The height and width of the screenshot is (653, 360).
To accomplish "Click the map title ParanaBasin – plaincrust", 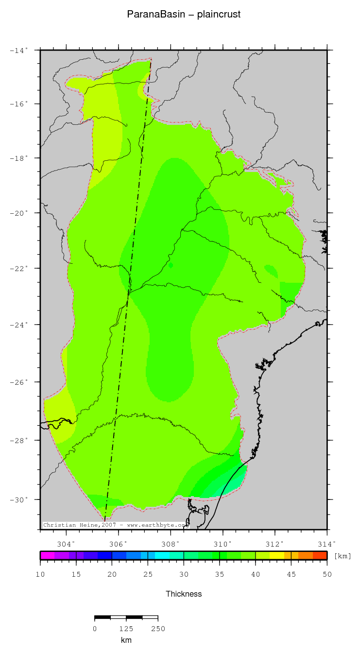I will pyautogui.click(x=184, y=15).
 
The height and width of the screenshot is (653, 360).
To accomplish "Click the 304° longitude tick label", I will pyautogui.click(x=67, y=544).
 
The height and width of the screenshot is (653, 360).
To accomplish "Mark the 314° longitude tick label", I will pyautogui.click(x=327, y=544).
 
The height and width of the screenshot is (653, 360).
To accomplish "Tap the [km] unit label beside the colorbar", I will pyautogui.click(x=343, y=556).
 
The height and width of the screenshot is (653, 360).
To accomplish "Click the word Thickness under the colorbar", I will pyautogui.click(x=184, y=594).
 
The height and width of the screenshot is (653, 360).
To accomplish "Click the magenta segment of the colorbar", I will pyautogui.click(x=47, y=555).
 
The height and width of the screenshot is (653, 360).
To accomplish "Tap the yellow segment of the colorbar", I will pyautogui.click(x=277, y=555).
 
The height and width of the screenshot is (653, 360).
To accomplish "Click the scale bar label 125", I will pyautogui.click(x=126, y=629).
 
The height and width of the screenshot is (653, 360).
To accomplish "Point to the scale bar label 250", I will pyautogui.click(x=158, y=629).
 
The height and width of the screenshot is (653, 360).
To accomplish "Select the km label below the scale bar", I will pyautogui.click(x=126, y=640).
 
